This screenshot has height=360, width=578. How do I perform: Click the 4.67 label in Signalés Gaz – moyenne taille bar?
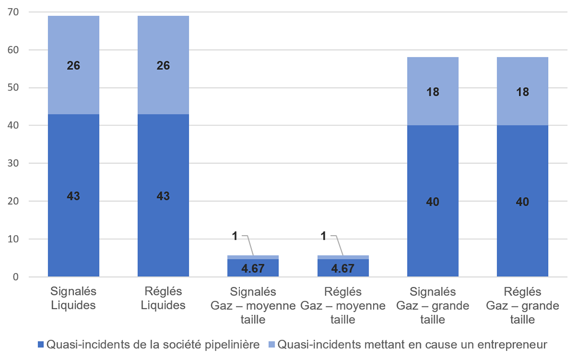tap(253, 268)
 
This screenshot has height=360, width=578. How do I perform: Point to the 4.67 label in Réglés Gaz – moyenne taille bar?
tap(342, 268)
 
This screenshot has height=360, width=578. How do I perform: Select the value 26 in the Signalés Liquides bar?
tap(73, 66)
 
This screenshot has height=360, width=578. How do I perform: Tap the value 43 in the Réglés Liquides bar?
tap(163, 196)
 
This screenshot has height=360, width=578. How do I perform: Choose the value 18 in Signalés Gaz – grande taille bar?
tap(433, 92)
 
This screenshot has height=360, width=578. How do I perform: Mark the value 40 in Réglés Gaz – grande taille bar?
tap(522, 201)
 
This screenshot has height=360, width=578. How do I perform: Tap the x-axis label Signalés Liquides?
tap(73, 298)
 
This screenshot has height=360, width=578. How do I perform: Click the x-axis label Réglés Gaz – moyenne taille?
tap(342, 306)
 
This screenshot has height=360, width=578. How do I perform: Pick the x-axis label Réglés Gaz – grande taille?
tap(522, 306)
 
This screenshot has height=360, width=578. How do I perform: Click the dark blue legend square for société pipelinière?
tap(40, 345)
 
